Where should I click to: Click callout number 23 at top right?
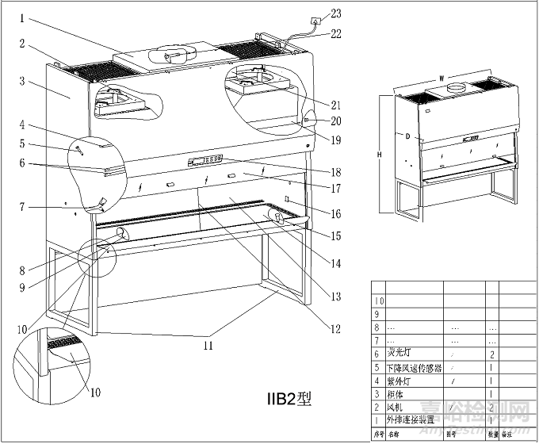(x=336, y=13)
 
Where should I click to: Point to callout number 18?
(x=336, y=171)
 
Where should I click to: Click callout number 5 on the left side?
(x=22, y=144)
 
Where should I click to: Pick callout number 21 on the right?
(x=336, y=105)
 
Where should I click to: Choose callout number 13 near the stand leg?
(x=336, y=297)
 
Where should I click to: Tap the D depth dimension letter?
(x=407, y=136)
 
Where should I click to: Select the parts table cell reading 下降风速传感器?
(x=412, y=367)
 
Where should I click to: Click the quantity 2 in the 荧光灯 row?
(x=492, y=354)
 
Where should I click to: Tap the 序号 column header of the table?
(x=378, y=434)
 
